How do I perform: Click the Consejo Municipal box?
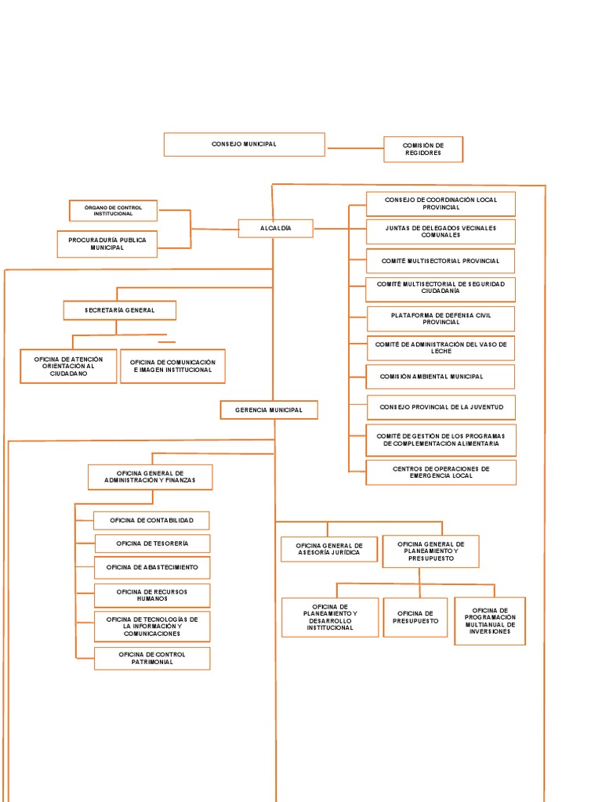(244, 144)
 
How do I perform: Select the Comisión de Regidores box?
(423, 149)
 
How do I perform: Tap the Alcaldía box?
(275, 228)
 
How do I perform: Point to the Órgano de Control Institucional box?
(113, 211)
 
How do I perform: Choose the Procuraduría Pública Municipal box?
(107, 243)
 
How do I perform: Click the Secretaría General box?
(119, 310)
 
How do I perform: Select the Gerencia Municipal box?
(268, 410)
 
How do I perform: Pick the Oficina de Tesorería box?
(152, 544)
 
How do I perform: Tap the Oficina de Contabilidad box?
(152, 520)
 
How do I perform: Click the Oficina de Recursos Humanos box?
(152, 595)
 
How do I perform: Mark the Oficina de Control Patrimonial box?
(152, 658)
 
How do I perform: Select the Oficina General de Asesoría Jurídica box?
(328, 549)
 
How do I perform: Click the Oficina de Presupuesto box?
(415, 617)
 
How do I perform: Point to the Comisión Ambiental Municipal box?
(441, 377)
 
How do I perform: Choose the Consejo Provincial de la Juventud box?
(441, 407)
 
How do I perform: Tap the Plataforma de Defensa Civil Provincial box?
(441, 319)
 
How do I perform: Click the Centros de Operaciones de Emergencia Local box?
(441, 472)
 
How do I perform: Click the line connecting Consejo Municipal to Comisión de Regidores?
(354, 147)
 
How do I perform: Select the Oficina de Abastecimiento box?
(152, 567)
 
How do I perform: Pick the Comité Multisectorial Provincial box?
(440, 261)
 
